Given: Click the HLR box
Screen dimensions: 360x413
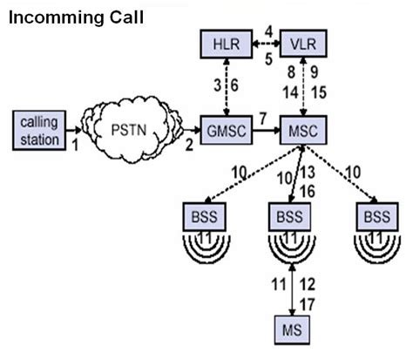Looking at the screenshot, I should (x=227, y=42).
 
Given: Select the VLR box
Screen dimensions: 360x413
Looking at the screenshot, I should (x=301, y=42).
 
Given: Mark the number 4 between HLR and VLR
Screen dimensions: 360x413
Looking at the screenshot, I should (x=268, y=31).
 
